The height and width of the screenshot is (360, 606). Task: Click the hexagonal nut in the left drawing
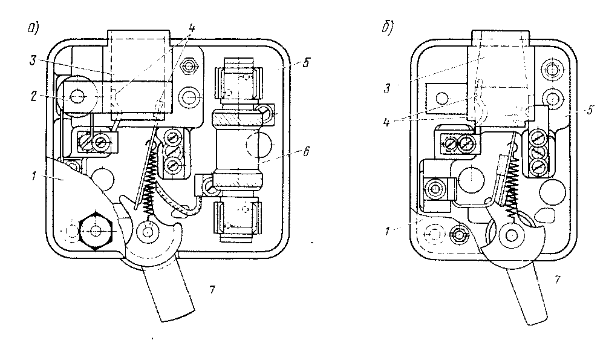coord(95,230)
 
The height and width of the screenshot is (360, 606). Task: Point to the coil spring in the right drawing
coord(513,185)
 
